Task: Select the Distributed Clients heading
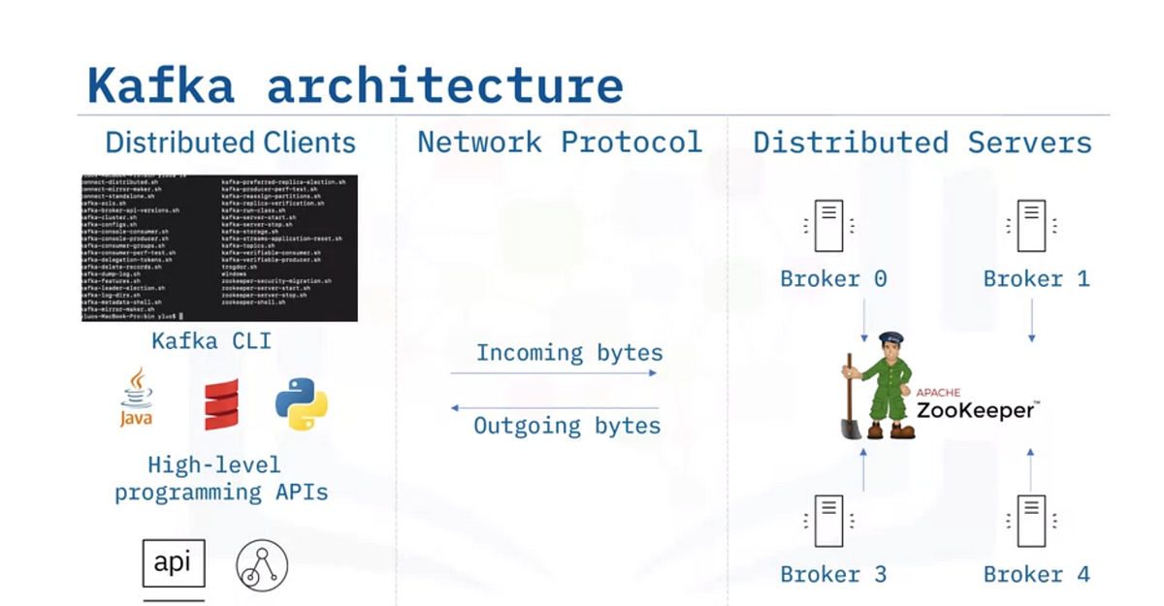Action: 230,143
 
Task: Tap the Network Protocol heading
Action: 560,143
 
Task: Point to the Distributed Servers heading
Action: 921,143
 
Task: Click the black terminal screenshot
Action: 218,248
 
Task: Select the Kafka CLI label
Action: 211,340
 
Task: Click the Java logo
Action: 137,399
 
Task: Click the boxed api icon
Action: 174,563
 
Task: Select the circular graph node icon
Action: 263,566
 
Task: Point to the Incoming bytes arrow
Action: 554,372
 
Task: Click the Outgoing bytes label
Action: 566,426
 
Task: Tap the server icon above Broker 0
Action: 828,226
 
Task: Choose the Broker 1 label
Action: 1036,279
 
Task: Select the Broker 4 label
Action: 1036,574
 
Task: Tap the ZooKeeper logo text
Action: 976,409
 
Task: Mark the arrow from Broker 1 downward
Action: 1031,320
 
